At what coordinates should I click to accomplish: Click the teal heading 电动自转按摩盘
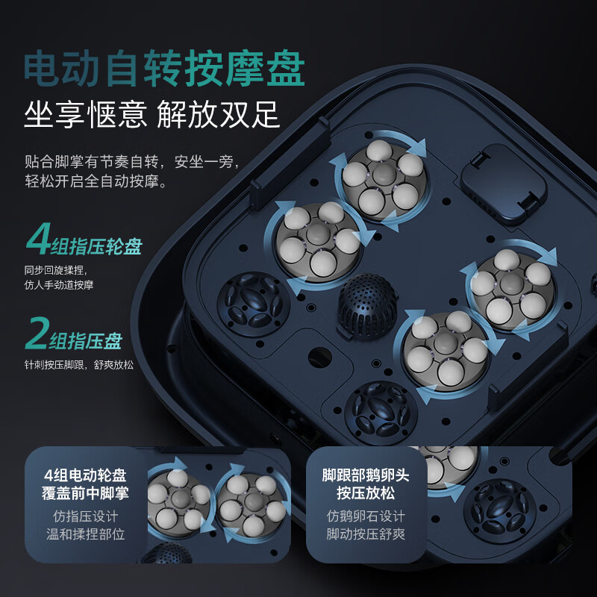point(164,69)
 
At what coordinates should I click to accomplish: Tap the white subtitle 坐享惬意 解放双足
point(152,114)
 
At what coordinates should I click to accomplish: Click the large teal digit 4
point(39,239)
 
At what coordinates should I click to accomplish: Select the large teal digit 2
point(37,333)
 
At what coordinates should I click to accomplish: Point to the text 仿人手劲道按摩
point(59,285)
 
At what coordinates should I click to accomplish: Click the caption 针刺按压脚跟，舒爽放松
point(79,365)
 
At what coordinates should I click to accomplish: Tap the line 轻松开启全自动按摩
point(96,181)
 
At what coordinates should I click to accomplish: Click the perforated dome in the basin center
point(367,305)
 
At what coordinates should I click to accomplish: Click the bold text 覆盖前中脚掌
point(85,493)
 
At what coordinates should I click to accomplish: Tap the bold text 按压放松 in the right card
point(366,493)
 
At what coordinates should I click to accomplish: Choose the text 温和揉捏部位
point(85,534)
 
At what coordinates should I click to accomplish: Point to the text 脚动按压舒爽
point(366,534)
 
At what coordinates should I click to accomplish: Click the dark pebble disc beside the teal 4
point(254,304)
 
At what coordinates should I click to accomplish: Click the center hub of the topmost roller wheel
point(384,175)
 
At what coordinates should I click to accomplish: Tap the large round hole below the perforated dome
point(320,357)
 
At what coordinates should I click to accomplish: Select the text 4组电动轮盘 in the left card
point(85,475)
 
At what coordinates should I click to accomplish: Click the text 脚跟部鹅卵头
point(366,475)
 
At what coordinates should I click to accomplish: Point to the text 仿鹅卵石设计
point(366,516)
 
